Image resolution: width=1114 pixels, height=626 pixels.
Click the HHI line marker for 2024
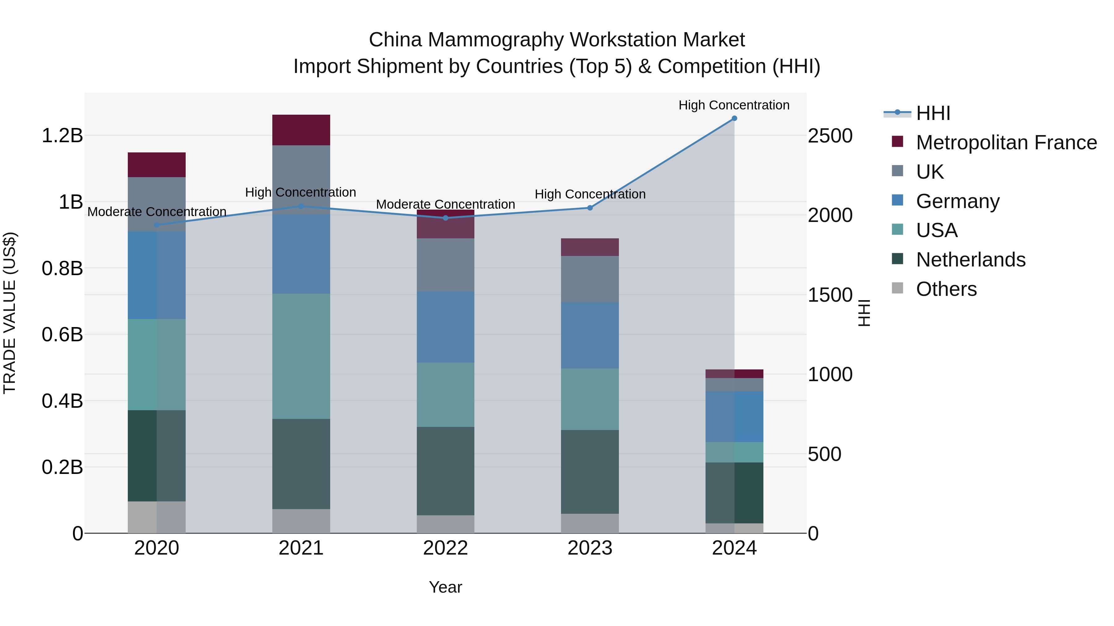point(734,118)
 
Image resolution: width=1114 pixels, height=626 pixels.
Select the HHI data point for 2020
point(157,225)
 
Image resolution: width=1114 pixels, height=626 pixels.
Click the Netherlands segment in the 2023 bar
point(589,471)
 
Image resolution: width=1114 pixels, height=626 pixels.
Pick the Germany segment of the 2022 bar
point(445,327)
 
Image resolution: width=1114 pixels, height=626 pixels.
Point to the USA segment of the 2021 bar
point(301,356)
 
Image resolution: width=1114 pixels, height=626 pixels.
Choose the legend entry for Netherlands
point(970,260)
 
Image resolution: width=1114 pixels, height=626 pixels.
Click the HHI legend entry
point(933,113)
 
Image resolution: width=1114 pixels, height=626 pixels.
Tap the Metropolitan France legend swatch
point(897,142)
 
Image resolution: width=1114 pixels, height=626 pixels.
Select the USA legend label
point(937,230)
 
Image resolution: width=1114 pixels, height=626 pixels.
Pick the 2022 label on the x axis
point(445,548)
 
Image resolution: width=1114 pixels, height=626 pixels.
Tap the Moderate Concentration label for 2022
point(445,204)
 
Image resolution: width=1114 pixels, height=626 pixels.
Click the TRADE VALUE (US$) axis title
point(10,313)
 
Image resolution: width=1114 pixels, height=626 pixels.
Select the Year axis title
point(445,587)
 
